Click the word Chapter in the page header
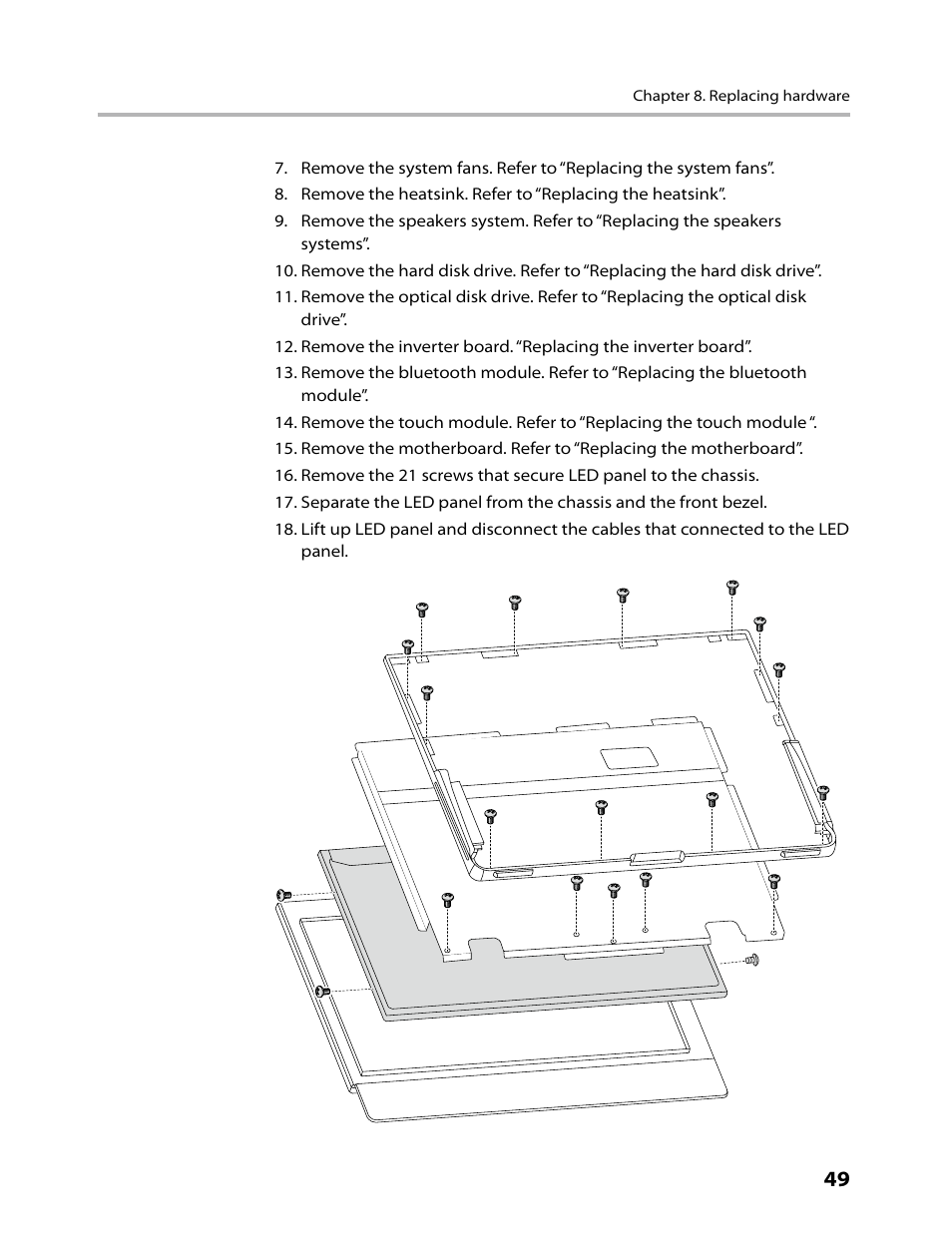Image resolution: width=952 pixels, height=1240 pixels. click(x=657, y=96)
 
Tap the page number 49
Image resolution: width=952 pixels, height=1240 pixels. click(x=836, y=1179)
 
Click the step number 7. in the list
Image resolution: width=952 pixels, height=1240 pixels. click(x=281, y=169)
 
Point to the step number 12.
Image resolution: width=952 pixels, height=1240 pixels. click(x=285, y=347)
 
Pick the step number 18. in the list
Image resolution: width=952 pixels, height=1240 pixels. click(x=285, y=529)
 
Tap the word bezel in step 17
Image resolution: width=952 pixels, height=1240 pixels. click(x=742, y=503)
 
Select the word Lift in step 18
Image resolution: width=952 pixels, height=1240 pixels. click(x=315, y=529)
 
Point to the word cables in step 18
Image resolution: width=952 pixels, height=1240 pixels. click(x=617, y=529)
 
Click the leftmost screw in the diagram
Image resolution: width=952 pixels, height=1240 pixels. click(x=281, y=894)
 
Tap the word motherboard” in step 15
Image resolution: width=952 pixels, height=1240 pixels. click(x=741, y=449)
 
